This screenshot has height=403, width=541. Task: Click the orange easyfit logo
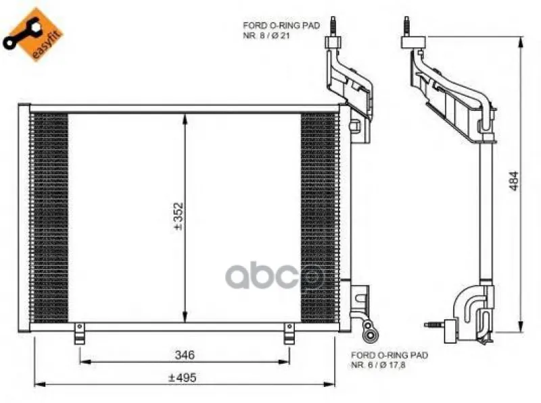click(32, 34)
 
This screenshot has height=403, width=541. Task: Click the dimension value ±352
click(179, 216)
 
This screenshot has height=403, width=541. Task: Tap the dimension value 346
click(185, 354)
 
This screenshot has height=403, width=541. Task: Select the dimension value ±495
click(182, 377)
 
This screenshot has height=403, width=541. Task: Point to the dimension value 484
click(514, 181)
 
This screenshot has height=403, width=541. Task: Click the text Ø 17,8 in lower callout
click(392, 365)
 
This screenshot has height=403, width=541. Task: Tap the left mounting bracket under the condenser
click(79, 333)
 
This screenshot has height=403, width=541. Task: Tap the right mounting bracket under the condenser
click(289, 333)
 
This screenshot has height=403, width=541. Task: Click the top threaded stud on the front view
click(333, 26)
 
